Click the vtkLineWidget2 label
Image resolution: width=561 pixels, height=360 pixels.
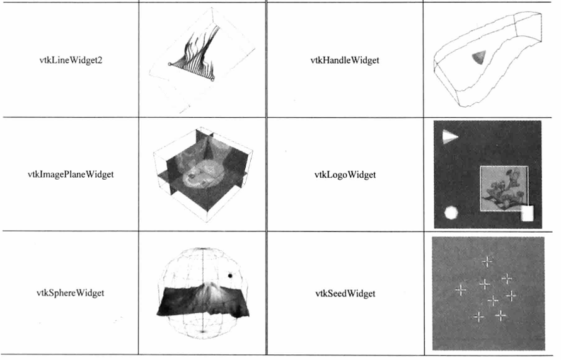pyautogui.click(x=71, y=60)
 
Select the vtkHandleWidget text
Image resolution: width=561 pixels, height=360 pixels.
pyautogui.click(x=345, y=60)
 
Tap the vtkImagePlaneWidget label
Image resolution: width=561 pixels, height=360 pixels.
pyautogui.click(x=71, y=174)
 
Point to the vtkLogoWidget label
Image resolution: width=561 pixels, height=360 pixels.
pyautogui.click(x=345, y=175)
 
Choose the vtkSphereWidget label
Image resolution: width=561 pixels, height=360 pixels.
pyautogui.click(x=71, y=293)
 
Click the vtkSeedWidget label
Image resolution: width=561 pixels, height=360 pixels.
pyautogui.click(x=345, y=293)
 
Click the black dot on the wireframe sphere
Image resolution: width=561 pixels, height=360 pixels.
pyautogui.click(x=230, y=276)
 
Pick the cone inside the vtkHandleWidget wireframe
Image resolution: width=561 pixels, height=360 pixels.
pyautogui.click(x=479, y=57)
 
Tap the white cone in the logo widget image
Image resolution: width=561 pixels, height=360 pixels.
pyautogui.click(x=450, y=137)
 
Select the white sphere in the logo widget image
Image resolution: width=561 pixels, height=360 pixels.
pyautogui.click(x=451, y=213)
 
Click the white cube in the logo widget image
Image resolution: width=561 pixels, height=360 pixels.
pyautogui.click(x=528, y=213)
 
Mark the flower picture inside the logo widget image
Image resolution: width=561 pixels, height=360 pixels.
pyautogui.click(x=504, y=189)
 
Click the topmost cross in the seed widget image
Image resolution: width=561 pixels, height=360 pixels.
pyautogui.click(x=487, y=262)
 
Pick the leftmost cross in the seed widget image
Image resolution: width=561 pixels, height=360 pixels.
pyautogui.click(x=461, y=289)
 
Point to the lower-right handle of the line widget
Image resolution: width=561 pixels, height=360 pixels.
pyautogui.click(x=212, y=79)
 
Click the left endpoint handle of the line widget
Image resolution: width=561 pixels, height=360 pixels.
pyautogui.click(x=170, y=64)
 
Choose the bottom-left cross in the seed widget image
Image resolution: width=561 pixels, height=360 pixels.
pyautogui.click(x=478, y=316)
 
